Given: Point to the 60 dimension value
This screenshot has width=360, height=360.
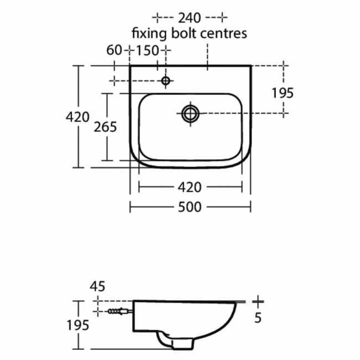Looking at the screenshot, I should pos(114,50).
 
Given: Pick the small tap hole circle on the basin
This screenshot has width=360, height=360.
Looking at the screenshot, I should pos(165,81).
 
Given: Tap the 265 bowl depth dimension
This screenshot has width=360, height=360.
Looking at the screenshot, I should pos(105,127).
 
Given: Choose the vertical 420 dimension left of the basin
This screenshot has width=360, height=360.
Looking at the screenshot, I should pos(77,117).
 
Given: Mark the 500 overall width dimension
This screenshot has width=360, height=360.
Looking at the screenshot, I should pos(189,207).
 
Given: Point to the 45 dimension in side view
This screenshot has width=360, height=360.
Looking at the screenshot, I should pos(97,286).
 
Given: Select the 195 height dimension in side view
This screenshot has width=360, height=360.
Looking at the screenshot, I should pos(78,325).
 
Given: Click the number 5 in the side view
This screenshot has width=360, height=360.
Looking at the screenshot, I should pos(258,318).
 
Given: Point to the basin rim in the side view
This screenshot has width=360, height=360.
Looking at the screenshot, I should pos(188,302).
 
